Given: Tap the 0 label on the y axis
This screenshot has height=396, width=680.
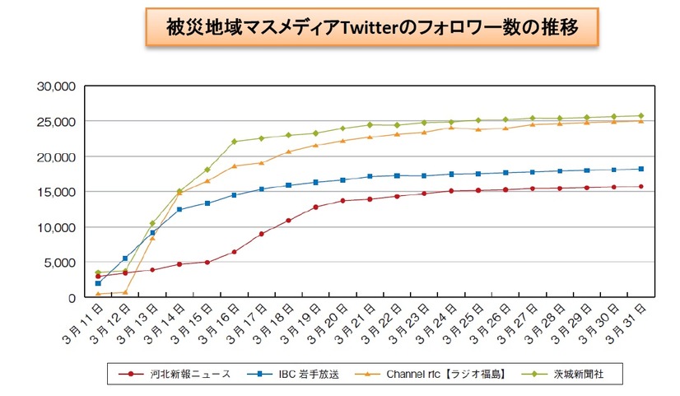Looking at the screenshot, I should [x=72, y=298].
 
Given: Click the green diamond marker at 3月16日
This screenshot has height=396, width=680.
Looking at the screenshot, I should [x=234, y=142].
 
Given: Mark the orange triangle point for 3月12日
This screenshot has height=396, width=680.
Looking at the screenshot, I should [x=125, y=292].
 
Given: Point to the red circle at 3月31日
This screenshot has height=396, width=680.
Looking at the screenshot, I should [x=640, y=186].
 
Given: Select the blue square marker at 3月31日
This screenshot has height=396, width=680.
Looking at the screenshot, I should [x=640, y=169].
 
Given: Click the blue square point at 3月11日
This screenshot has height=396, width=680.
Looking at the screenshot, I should [x=98, y=283].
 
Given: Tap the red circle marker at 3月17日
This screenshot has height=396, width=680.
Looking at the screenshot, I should [x=261, y=234].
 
